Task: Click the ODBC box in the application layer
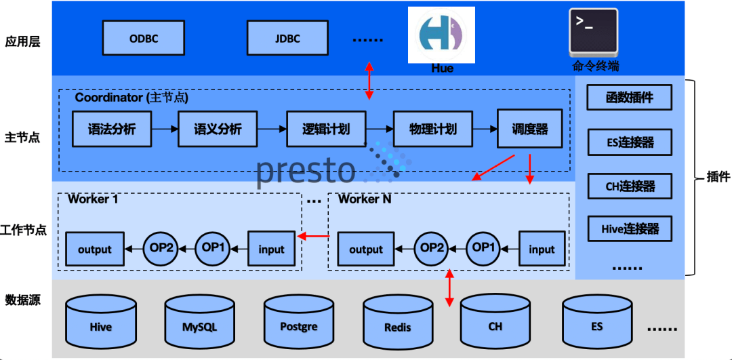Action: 144,38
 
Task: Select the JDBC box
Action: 287,38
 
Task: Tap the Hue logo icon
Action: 442,35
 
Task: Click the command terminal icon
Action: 594,31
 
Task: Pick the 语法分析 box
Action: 112,129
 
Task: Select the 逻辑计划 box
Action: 326,129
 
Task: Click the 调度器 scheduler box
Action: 529,129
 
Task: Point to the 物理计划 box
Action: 432,129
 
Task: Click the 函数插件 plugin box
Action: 630,98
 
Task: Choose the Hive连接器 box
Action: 630,228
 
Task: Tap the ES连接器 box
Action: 630,142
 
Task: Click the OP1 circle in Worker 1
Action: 213,247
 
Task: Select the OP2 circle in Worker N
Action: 432,247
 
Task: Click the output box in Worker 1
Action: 94,249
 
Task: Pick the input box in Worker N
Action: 542,249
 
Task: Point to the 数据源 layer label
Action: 23,299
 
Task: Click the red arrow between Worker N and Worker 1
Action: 314,236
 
